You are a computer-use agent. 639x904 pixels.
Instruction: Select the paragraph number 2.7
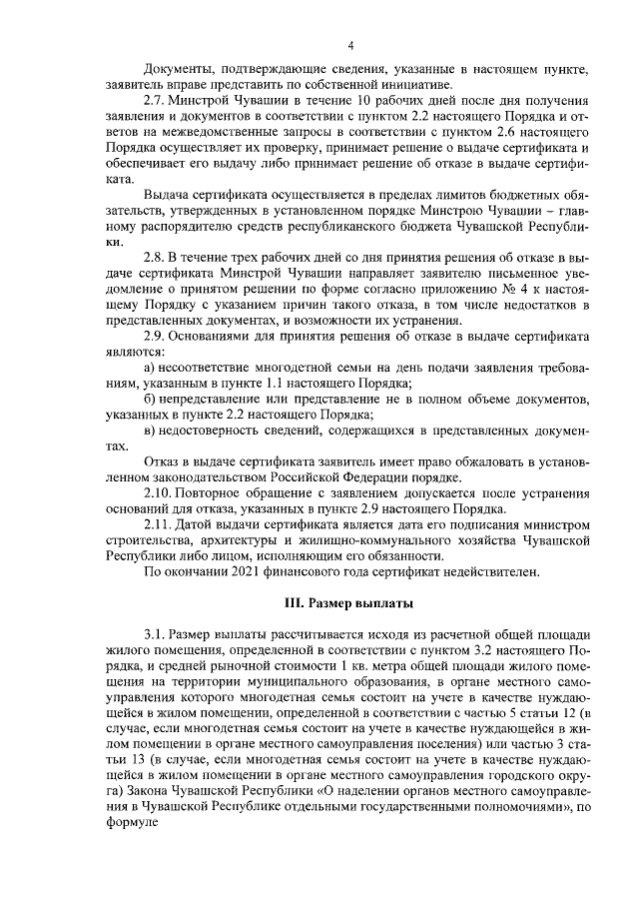(157, 103)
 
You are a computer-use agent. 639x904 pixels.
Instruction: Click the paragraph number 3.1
(157, 634)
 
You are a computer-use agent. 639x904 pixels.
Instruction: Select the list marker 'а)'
(151, 370)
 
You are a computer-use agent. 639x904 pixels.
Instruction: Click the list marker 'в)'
(151, 430)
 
